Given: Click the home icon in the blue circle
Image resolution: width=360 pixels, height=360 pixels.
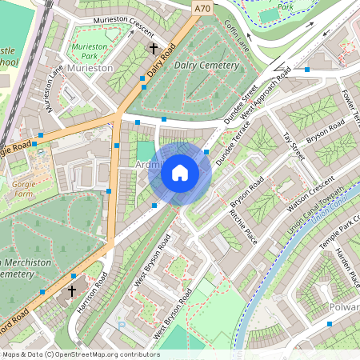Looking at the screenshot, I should pyautogui.click(x=180, y=173).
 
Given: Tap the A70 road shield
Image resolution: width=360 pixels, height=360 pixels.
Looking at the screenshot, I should pyautogui.click(x=202, y=7).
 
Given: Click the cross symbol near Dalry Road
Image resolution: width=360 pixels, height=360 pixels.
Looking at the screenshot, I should pyautogui.click(x=154, y=49).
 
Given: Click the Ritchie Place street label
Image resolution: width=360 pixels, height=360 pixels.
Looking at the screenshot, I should pyautogui.click(x=243, y=226).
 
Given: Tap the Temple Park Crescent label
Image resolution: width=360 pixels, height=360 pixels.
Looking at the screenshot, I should pyautogui.click(x=338, y=240).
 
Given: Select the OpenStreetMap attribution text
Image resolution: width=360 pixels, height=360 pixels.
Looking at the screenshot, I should pyautogui.click(x=80, y=354).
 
